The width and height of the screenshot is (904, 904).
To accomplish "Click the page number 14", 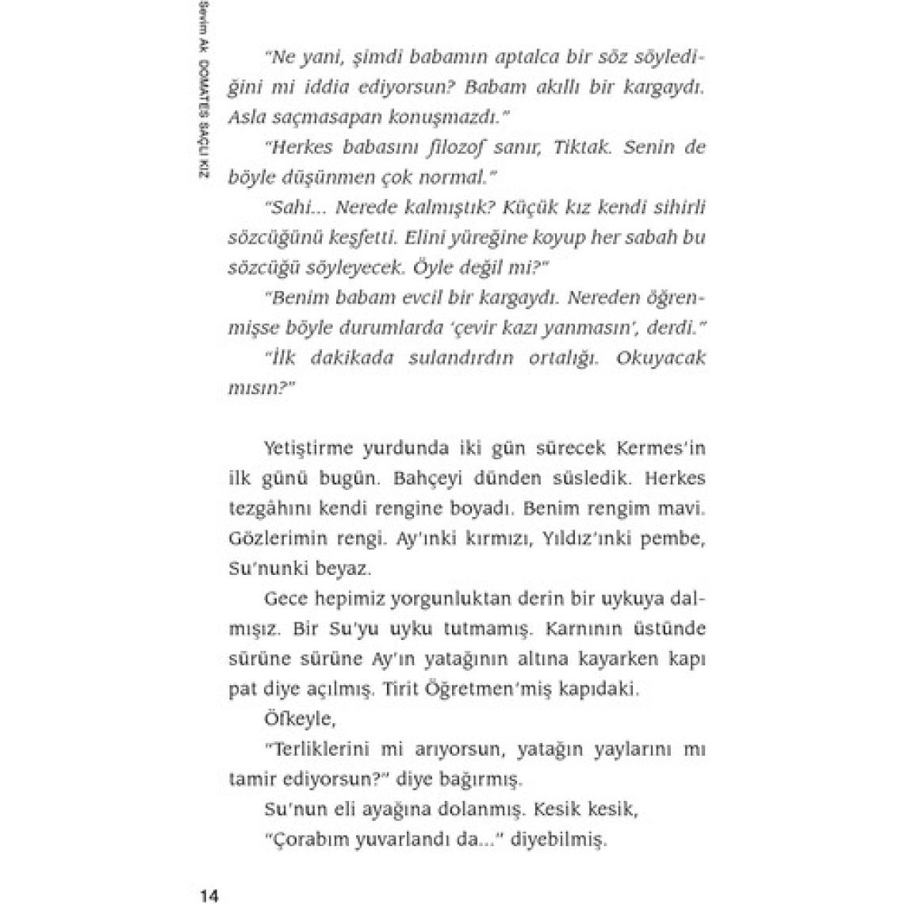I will (x=209, y=895).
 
